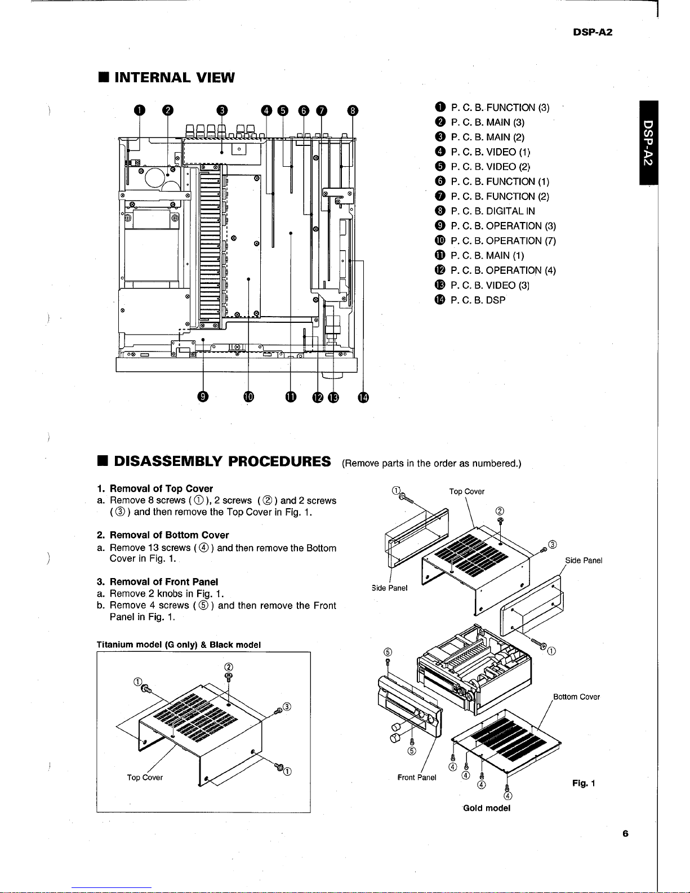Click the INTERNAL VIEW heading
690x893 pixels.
173,77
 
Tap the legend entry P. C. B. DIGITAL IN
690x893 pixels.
493,211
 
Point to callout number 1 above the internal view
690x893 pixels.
137,110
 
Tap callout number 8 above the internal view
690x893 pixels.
353,110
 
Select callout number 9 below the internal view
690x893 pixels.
203,397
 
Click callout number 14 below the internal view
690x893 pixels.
363,397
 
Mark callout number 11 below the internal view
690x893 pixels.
290,397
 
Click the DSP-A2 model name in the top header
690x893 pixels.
593,32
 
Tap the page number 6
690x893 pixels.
626,834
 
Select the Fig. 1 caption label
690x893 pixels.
584,783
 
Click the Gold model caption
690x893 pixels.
486,808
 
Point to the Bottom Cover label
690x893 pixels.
576,697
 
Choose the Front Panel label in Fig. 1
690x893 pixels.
417,778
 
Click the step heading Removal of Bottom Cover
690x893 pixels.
169,535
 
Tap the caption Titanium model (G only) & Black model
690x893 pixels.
179,645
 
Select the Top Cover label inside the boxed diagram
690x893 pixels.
145,778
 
